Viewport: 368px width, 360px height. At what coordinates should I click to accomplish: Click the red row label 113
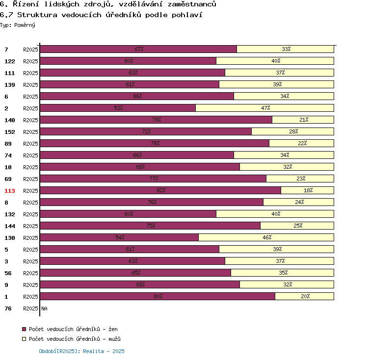click(x=10, y=191)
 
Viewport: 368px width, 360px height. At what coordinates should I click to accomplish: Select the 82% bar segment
click(x=160, y=190)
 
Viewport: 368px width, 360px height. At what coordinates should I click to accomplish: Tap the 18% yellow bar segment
click(x=308, y=190)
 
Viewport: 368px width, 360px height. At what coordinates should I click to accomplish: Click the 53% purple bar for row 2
click(x=118, y=108)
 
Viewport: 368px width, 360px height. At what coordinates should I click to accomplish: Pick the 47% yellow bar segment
click(x=265, y=108)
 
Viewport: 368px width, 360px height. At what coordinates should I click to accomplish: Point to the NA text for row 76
click(x=44, y=309)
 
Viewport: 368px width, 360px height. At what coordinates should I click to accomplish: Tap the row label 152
click(x=10, y=132)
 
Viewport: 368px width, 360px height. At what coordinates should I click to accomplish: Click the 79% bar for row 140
click(x=156, y=120)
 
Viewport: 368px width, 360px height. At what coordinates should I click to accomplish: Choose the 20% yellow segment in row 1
click(x=304, y=296)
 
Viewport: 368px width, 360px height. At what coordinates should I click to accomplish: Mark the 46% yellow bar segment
click(x=266, y=237)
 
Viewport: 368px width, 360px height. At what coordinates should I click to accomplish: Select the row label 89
click(x=8, y=144)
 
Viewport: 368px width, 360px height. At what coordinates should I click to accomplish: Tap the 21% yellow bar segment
click(x=303, y=120)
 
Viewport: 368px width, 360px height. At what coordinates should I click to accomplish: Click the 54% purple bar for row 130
click(x=119, y=237)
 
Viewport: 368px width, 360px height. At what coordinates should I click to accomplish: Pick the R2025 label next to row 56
click(x=30, y=273)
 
